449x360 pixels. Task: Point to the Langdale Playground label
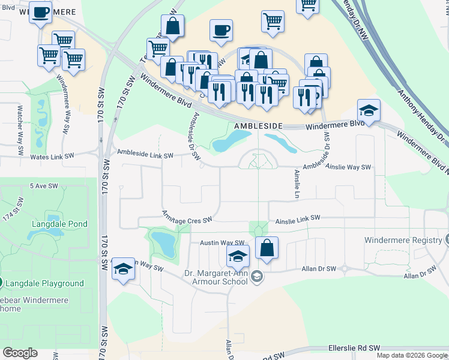[46, 283]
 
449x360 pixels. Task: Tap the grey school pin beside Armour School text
[258, 276]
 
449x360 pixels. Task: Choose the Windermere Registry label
[402, 240]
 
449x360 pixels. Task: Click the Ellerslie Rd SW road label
[354, 348]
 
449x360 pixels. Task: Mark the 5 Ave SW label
[42, 187]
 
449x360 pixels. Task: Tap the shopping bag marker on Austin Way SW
[267, 247]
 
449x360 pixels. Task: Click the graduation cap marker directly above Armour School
[238, 256]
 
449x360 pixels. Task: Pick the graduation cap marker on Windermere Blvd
[369, 110]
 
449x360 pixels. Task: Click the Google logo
[20, 352]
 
